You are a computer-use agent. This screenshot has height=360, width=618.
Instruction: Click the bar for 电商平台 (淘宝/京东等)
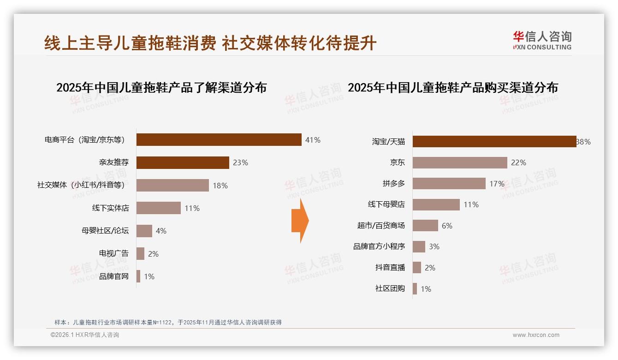219,140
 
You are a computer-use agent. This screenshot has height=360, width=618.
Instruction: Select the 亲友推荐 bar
183,162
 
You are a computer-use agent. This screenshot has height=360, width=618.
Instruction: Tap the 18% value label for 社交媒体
220,186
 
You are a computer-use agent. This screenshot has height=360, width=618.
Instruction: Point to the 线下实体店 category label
110,208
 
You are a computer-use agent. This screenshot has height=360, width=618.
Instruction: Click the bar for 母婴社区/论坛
144,231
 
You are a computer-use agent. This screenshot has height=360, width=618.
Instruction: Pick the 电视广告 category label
114,253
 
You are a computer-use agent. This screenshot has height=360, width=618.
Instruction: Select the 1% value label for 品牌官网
149,276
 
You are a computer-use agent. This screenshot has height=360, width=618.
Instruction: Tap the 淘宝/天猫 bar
494,142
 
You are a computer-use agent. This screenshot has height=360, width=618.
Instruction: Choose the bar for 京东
460,162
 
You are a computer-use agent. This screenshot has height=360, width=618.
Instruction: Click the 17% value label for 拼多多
497,184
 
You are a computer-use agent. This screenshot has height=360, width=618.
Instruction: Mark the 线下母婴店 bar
436,204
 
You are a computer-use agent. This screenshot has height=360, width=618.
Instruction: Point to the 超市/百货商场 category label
381,226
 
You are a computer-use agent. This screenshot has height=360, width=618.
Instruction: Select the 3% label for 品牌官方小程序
434,246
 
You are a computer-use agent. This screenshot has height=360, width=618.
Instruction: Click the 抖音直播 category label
390,268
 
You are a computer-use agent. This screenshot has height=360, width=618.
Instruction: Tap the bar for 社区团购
415,289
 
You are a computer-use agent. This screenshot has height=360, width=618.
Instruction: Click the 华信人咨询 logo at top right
542,41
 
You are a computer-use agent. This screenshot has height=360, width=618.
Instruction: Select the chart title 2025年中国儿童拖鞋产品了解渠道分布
161,88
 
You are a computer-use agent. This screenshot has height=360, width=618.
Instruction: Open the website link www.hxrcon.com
536,335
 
